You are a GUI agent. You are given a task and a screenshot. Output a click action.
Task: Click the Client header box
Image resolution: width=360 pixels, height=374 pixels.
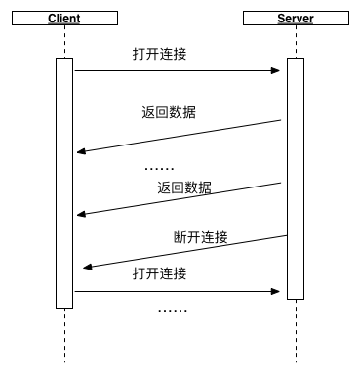pyautogui.click(x=63, y=20)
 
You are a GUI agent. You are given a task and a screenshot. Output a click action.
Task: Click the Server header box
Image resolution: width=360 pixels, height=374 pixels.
pyautogui.click(x=296, y=20)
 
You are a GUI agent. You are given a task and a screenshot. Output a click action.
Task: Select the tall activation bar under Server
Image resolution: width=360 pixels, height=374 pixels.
pyautogui.click(x=296, y=176)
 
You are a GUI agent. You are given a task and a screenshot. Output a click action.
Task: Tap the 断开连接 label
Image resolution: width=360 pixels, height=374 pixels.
pyautogui.click(x=201, y=237)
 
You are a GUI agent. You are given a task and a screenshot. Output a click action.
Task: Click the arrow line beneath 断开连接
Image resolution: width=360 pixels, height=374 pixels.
pyautogui.click(x=185, y=251)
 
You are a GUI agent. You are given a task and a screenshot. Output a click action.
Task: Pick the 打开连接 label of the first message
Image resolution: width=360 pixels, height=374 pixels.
pyautogui.click(x=159, y=54)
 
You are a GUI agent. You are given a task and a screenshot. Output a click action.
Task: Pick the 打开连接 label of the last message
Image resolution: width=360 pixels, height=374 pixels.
pyautogui.click(x=159, y=273)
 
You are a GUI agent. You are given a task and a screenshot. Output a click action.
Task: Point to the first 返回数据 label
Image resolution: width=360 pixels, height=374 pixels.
pyautogui.click(x=169, y=111)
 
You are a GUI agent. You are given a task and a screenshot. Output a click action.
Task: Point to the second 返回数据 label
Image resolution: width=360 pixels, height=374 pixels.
pyautogui.click(x=183, y=187)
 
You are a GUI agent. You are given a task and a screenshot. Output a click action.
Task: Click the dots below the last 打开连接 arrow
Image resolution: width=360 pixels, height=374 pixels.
pyautogui.click(x=173, y=310)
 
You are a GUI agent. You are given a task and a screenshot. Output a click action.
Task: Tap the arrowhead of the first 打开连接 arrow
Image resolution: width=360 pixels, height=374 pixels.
pyautogui.click(x=277, y=70)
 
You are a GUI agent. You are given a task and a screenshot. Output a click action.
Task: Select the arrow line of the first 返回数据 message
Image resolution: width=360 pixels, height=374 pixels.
pyautogui.click(x=180, y=136)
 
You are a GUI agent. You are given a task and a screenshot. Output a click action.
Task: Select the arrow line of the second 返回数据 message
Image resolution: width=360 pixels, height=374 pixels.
pyautogui.click(x=180, y=198)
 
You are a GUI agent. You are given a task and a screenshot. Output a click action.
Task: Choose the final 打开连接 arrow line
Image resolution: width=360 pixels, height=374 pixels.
pyautogui.click(x=176, y=290)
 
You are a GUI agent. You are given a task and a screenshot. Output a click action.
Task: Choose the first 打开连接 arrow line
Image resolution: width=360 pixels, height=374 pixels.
pyautogui.click(x=176, y=70)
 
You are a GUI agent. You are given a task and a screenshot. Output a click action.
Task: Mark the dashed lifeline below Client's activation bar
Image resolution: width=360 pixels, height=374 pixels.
pyautogui.click(x=64, y=337)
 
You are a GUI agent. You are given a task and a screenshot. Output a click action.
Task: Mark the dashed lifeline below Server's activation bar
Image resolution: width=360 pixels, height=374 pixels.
pyautogui.click(x=296, y=332)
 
